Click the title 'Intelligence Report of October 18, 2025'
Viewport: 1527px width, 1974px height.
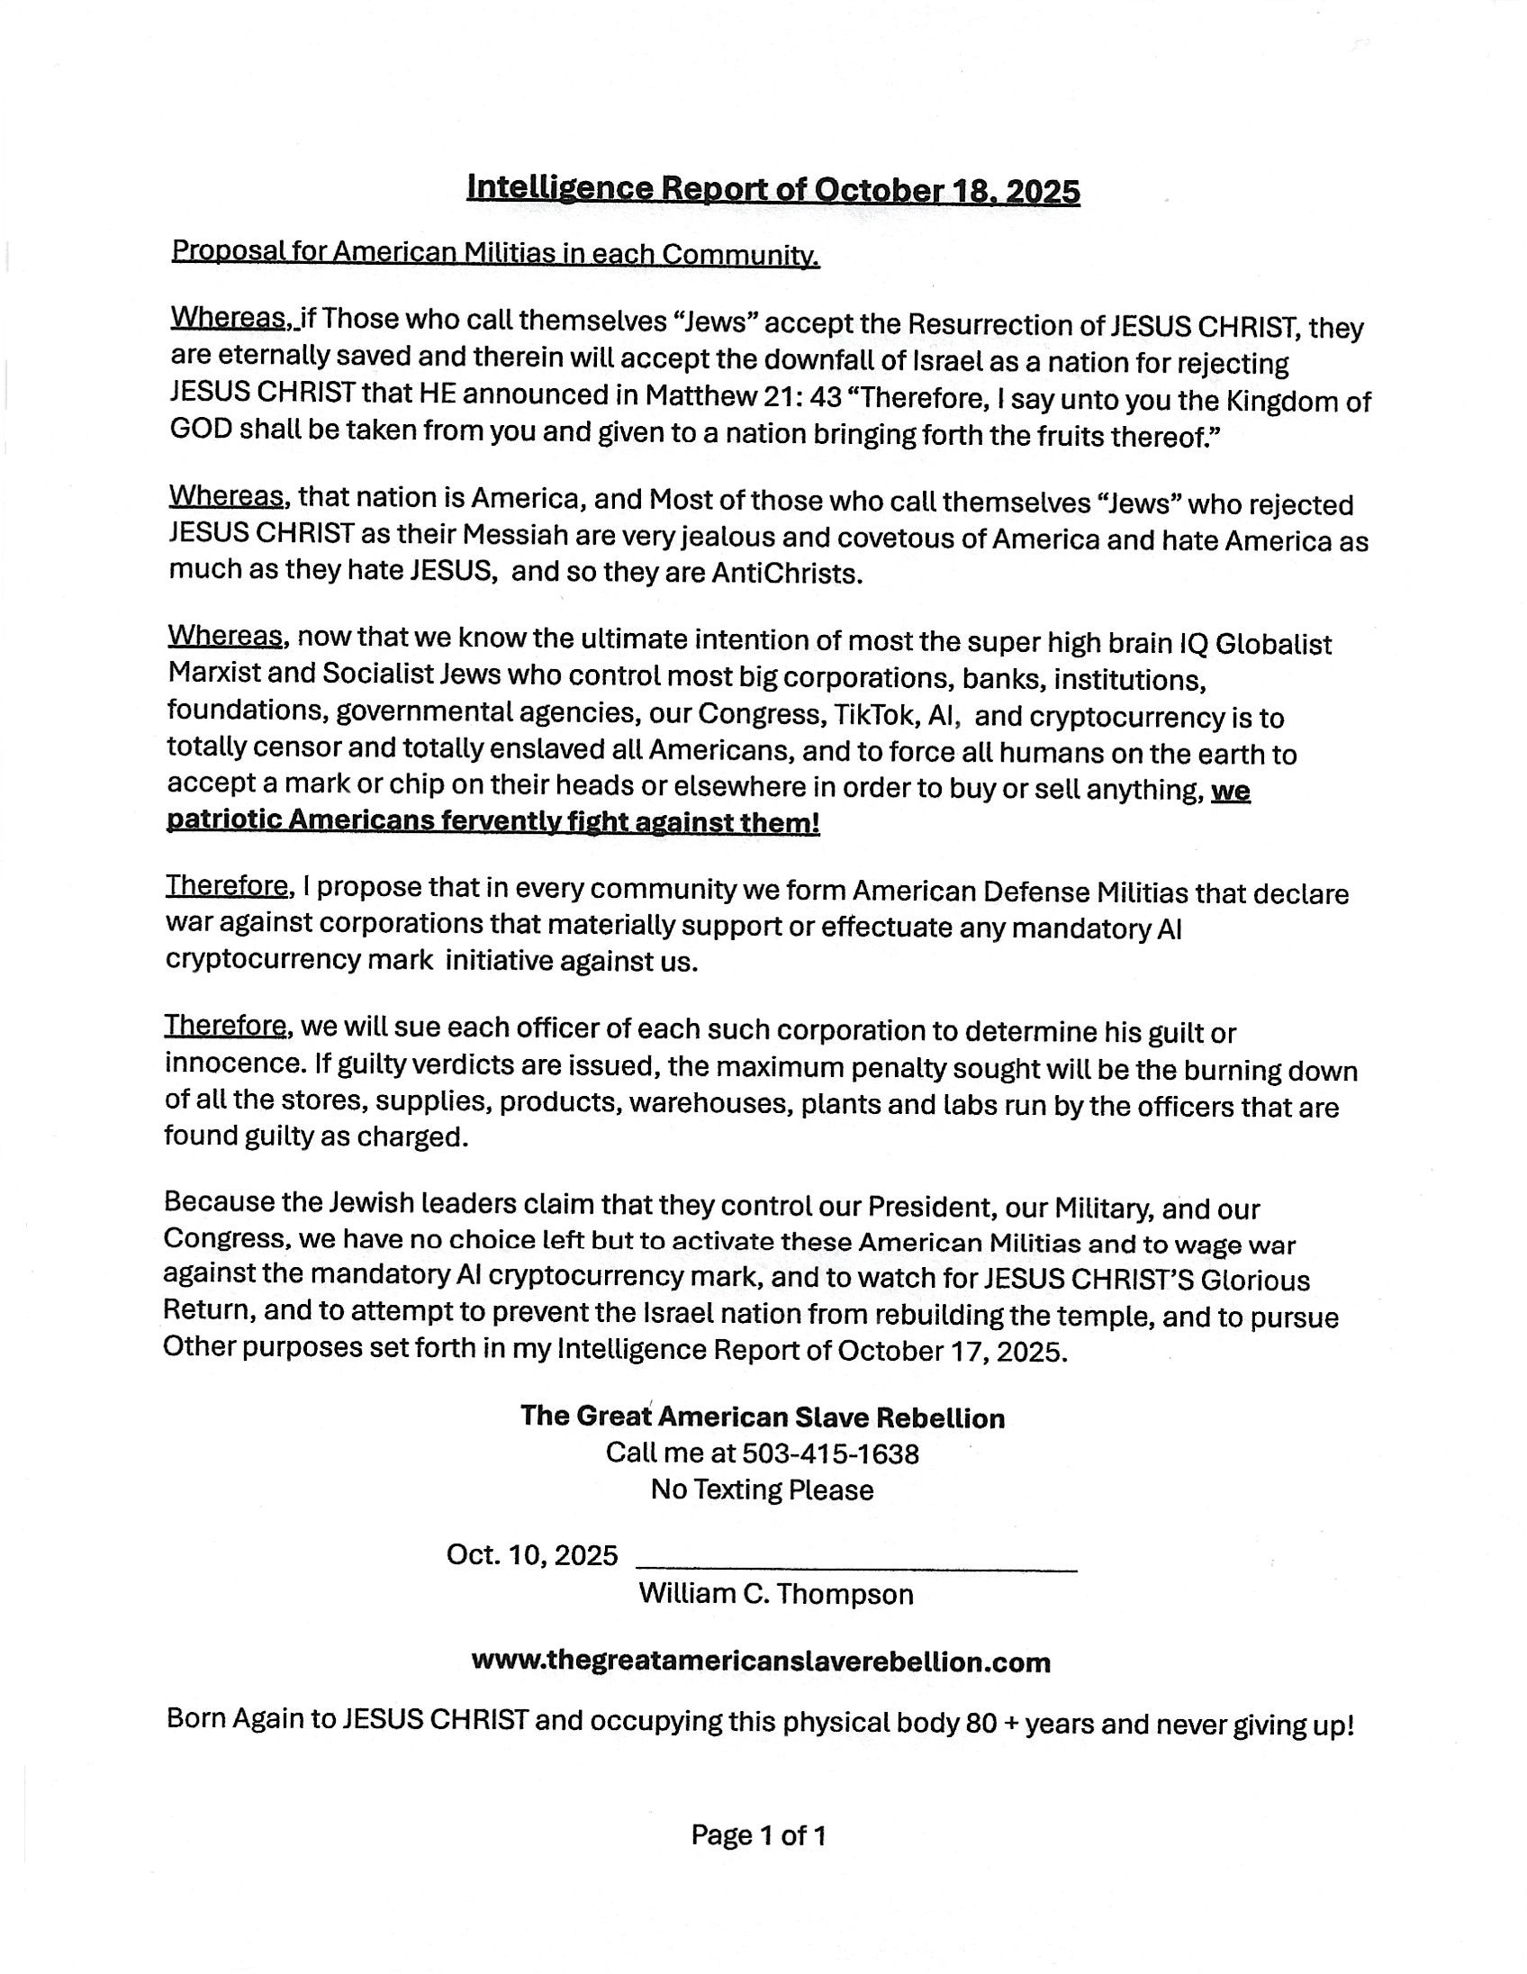773,190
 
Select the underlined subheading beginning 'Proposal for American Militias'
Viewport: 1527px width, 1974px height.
495,253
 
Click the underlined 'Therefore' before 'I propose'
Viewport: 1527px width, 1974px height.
229,886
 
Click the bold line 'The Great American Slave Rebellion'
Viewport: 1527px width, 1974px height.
762,1417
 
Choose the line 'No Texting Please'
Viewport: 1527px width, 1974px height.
762,1490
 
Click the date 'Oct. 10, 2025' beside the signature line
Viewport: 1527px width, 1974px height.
532,1555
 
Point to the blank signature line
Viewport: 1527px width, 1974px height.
856,1567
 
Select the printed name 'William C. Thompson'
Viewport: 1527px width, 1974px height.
775,1593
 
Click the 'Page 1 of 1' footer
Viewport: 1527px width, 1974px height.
758,1835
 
